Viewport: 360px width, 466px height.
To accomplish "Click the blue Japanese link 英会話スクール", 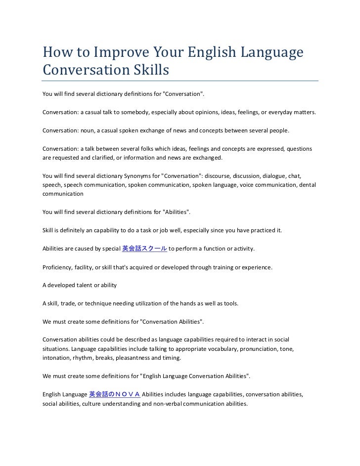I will (144, 248).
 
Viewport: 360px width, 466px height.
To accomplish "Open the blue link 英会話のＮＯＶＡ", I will (115, 394).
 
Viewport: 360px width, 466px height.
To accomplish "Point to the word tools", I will (230, 303).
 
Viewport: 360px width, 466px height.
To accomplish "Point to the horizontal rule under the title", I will (180, 81).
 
